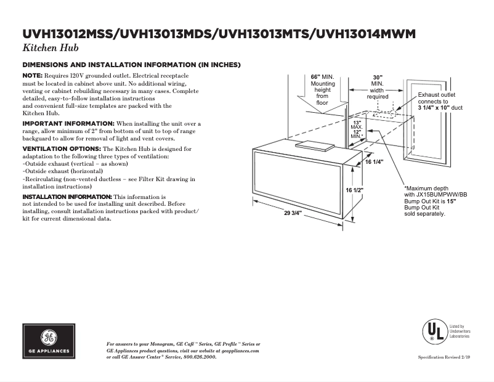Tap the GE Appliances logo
[49, 341]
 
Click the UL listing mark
[435, 332]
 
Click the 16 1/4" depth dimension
[374, 161]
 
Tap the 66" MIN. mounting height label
[323, 77]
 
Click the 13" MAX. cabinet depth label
[357, 125]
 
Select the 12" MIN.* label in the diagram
[357, 134]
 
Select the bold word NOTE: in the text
[33, 75]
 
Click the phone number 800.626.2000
[200, 357]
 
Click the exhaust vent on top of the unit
[314, 145]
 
